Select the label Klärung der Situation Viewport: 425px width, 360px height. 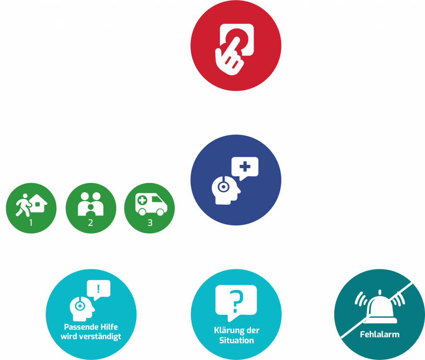236,335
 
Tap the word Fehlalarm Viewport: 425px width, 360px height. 379,333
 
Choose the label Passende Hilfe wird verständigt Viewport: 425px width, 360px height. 90,331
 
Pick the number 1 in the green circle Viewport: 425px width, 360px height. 31,223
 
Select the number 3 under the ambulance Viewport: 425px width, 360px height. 150,223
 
